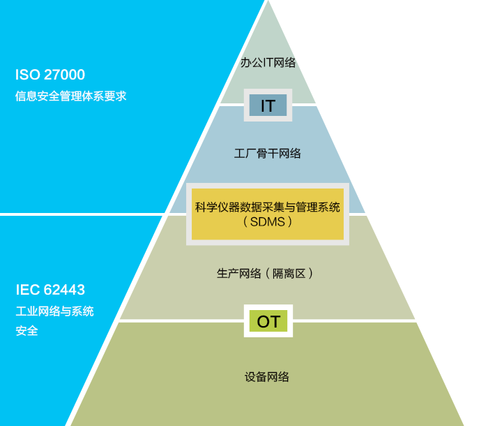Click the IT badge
pos(268,105)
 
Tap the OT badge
pos(268,321)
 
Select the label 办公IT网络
pos(268,63)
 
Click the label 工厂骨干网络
pos(268,153)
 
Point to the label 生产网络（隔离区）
pos(266,273)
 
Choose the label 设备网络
pos(267,377)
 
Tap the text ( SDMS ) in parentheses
pos(268,221)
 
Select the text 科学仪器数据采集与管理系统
pos(268,207)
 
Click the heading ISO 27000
pos(50,75)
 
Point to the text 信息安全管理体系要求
pos(70,96)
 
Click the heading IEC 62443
pos(50,290)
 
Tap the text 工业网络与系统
pos(54,311)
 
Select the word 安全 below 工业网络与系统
pos(26,330)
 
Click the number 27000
pos(64,75)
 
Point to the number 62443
pos(64,290)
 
